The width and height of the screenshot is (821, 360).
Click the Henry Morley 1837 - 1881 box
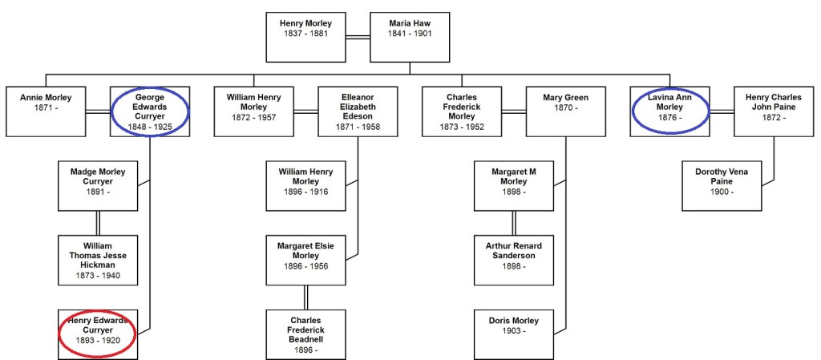[305, 37]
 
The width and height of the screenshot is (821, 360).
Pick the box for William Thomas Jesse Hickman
[98, 261]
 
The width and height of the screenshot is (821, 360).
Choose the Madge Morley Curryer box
[98, 186]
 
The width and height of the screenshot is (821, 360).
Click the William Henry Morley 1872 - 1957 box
[253, 111]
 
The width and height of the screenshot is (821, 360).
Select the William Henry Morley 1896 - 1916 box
[305, 186]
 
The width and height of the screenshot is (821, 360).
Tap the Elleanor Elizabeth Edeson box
[358, 111]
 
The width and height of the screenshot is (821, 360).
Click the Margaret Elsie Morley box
[305, 261]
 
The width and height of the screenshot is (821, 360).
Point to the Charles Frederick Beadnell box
[305, 334]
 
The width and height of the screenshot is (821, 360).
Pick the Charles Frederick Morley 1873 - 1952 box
[461, 111]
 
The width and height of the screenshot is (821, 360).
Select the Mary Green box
[565, 111]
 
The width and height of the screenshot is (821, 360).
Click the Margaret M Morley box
[513, 186]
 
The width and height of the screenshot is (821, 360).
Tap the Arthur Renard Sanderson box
[513, 261]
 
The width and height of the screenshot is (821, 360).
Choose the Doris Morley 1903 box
[513, 334]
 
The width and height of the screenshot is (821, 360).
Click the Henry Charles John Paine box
[774, 111]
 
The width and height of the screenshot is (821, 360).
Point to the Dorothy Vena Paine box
[722, 186]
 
